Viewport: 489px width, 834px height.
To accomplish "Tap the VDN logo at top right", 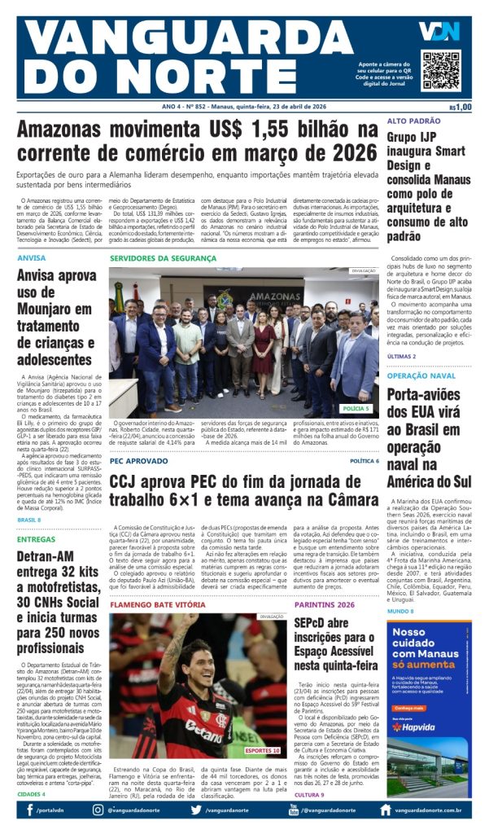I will point(439,31).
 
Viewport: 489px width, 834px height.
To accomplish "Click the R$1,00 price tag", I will point(460,107).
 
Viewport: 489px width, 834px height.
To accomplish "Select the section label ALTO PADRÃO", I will point(413,121).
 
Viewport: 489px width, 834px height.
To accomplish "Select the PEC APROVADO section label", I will point(139,461).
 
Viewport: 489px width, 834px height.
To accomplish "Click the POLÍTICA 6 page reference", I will point(364,461).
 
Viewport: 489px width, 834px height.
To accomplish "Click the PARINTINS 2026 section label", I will point(325,605).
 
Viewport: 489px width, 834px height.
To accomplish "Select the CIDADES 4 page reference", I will point(31,793).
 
